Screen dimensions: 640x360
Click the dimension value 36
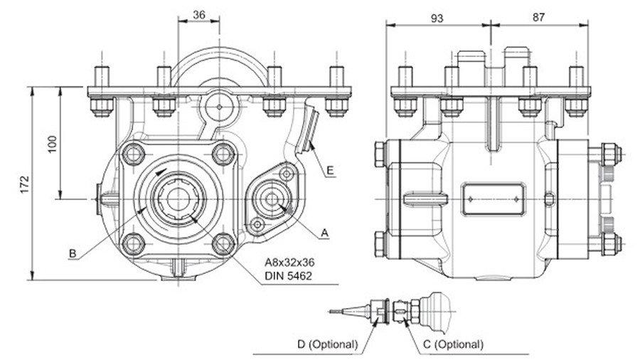(x=199, y=15)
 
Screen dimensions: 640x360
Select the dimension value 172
(x=26, y=184)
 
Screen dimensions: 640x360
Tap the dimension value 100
(x=53, y=144)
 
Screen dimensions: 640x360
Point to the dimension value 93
(x=437, y=18)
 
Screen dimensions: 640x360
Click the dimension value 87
(x=538, y=17)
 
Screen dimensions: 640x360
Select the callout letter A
(x=324, y=233)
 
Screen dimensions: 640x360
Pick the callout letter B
(x=73, y=253)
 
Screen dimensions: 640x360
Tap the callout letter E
(x=330, y=170)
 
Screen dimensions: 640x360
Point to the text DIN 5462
(x=288, y=276)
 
